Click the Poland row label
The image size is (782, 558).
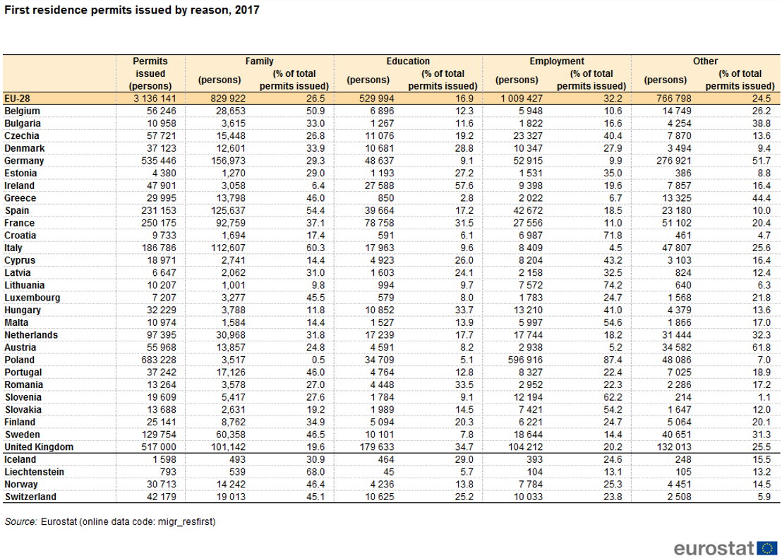pyautogui.click(x=20, y=360)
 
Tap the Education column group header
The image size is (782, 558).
pyautogui.click(x=408, y=61)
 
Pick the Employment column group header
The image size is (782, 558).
pyautogui.click(x=557, y=61)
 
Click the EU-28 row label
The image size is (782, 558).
pyautogui.click(x=17, y=98)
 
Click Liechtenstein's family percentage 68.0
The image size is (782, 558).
pyautogui.click(x=315, y=472)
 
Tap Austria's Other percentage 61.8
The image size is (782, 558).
pyautogui.click(x=762, y=348)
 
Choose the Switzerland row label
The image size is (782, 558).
pyautogui.click(x=30, y=497)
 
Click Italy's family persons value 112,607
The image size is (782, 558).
pyautogui.click(x=229, y=248)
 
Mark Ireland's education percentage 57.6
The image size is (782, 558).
pyautogui.click(x=464, y=186)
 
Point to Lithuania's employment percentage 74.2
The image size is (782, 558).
pyautogui.click(x=613, y=285)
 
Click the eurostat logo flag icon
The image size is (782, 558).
pyautogui.click(x=767, y=548)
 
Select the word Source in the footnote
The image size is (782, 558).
pyautogui.click(x=20, y=522)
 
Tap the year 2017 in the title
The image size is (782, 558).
pyautogui.click(x=247, y=10)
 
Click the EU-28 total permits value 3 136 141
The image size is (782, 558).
pyautogui.click(x=155, y=98)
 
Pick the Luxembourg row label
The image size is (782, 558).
pyautogui.click(x=32, y=298)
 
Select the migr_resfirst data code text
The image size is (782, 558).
pyautogui.click(x=186, y=522)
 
